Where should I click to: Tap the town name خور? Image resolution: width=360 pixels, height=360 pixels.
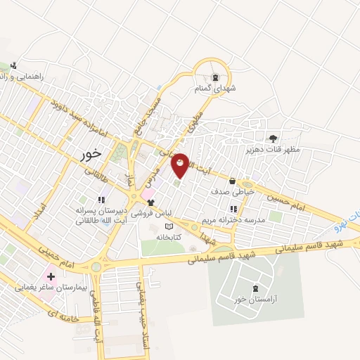click(x=91, y=153)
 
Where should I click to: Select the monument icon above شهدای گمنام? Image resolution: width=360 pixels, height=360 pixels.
click(x=214, y=78)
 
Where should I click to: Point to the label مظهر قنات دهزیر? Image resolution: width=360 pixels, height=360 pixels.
click(x=273, y=149)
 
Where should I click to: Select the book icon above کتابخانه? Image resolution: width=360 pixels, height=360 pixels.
click(x=167, y=226)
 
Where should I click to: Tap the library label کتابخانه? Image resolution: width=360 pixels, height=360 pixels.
click(x=167, y=237)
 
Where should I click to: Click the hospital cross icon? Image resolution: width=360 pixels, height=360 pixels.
click(x=51, y=276)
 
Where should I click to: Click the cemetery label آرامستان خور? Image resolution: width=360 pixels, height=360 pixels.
click(x=256, y=299)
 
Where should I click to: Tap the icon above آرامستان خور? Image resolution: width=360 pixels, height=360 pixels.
click(x=255, y=288)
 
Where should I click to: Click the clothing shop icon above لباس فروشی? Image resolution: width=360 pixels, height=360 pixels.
click(x=151, y=202)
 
